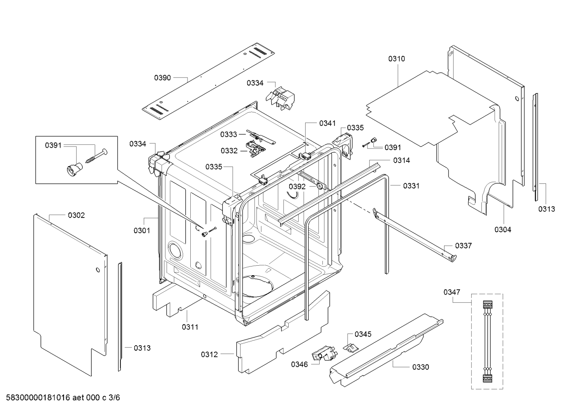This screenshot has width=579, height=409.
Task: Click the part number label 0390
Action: point(162,77)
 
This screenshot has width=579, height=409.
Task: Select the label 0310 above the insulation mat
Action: point(396,59)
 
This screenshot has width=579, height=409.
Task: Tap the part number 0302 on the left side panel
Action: point(76,216)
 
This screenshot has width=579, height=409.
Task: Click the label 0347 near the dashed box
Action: point(452,292)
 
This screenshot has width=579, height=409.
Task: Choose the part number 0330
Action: point(420,367)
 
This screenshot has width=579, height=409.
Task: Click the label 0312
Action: point(209,354)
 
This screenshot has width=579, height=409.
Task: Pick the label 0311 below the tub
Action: point(190,327)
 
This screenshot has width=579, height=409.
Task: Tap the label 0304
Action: point(503,230)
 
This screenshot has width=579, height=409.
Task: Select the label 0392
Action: point(297,187)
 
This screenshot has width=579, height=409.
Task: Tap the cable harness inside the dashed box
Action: point(487,341)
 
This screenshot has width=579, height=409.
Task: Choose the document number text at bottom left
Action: point(61,398)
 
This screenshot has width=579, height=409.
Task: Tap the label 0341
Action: point(327,123)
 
